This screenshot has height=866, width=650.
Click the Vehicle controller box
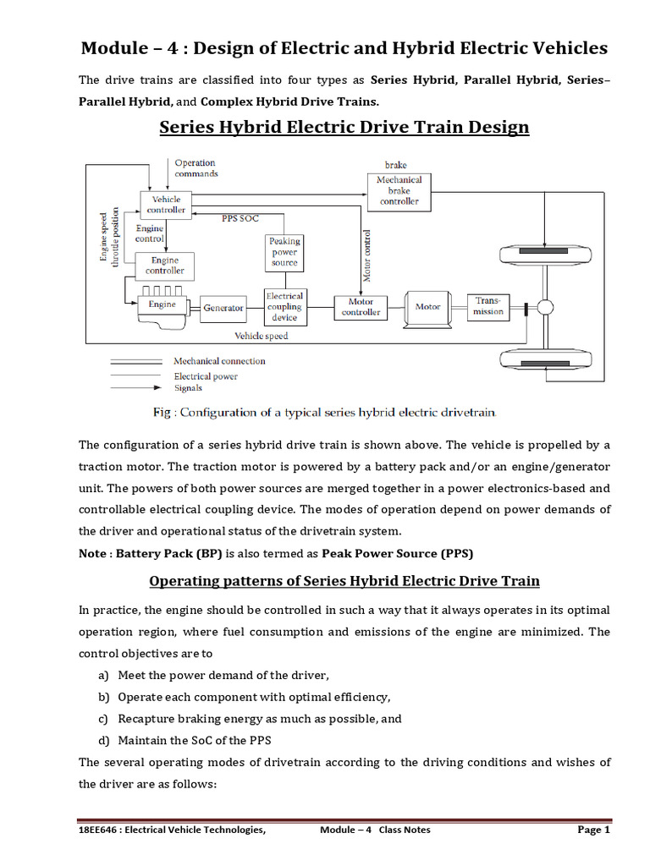(x=165, y=204)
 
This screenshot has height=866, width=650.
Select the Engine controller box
(x=164, y=266)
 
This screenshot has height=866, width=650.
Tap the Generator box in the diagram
(x=223, y=308)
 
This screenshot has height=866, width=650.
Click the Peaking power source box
(x=284, y=251)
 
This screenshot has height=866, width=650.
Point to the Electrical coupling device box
(x=284, y=307)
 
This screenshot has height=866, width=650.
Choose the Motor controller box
(x=361, y=307)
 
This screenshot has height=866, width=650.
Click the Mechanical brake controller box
(x=399, y=190)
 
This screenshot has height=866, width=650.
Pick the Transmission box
(x=488, y=306)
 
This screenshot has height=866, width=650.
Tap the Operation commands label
(x=196, y=167)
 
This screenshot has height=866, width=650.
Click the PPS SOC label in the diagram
(x=239, y=218)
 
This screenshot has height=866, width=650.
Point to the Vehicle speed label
(x=261, y=336)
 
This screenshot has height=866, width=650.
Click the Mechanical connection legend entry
(x=219, y=361)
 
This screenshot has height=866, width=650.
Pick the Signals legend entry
(x=188, y=388)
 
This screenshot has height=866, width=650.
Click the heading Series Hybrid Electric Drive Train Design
(x=344, y=127)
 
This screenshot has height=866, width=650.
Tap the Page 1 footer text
(x=593, y=830)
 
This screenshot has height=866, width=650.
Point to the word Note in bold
(x=93, y=553)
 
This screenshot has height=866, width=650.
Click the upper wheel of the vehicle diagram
(x=543, y=253)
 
